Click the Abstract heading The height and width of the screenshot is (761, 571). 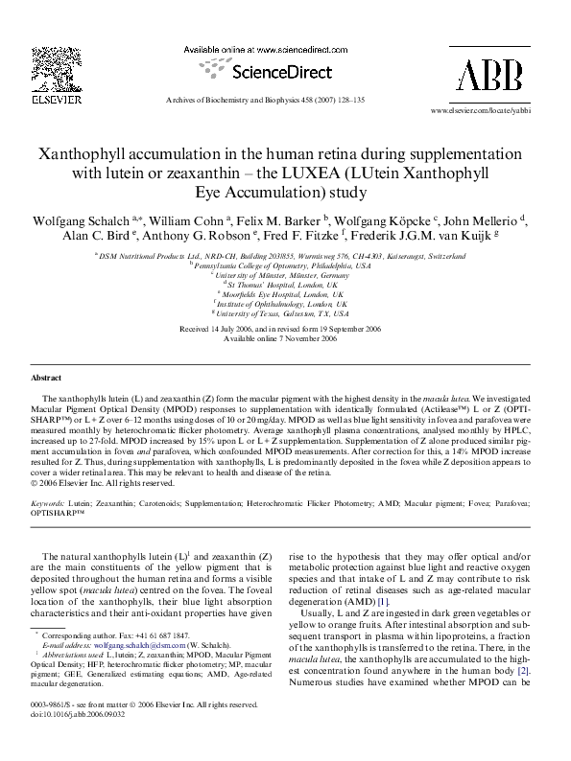(47, 379)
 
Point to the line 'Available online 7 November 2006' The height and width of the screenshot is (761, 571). (280, 338)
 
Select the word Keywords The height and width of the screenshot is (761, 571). (48, 501)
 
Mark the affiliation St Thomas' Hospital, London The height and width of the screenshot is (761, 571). (280, 284)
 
